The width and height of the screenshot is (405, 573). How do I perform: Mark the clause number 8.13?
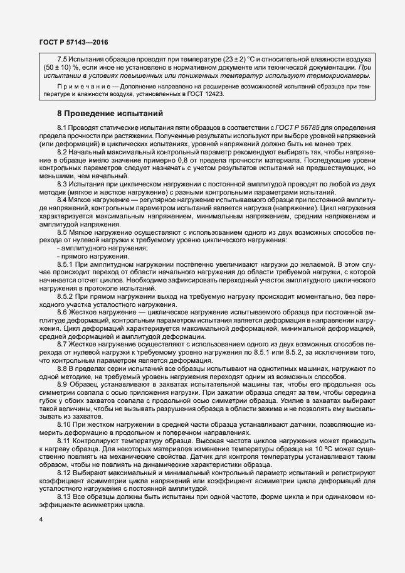pyautogui.click(x=65, y=497)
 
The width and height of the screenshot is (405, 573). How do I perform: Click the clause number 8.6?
pyautogui.click(x=63, y=313)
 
